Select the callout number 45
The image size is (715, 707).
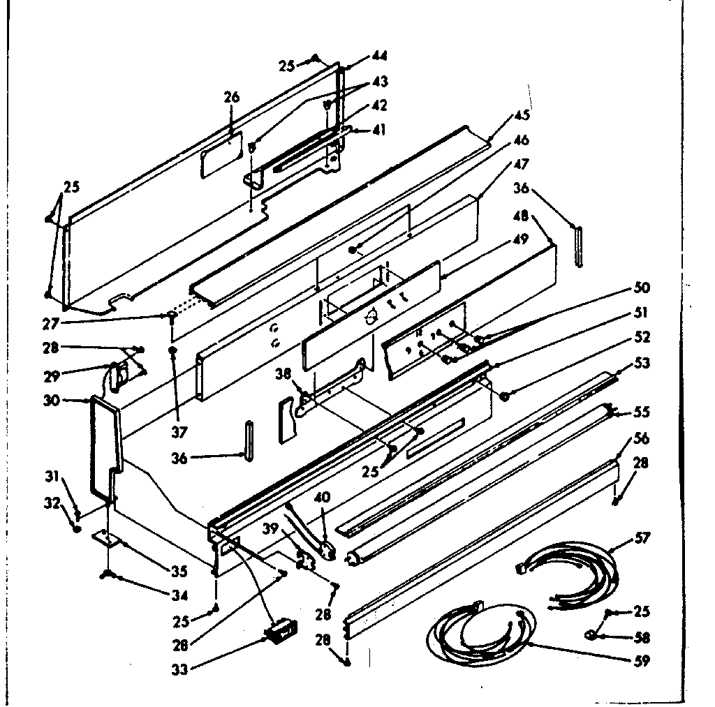[522, 115]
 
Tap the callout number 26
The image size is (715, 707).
[232, 97]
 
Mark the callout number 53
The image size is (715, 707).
[642, 363]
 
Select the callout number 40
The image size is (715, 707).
[321, 498]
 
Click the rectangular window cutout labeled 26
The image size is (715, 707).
[221, 153]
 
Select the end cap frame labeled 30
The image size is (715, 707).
[105, 447]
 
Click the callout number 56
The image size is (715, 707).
[641, 438]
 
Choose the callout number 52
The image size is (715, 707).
[642, 337]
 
